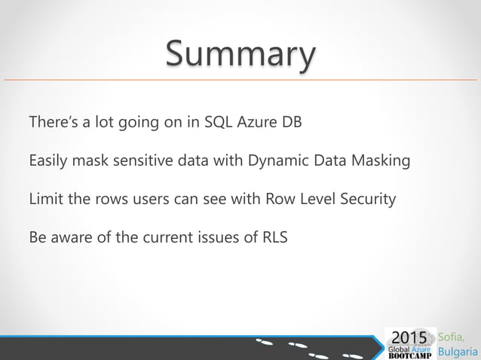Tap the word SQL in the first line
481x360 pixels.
[x=219, y=122]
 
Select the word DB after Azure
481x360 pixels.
[x=291, y=122]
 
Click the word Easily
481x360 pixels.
[x=47, y=161]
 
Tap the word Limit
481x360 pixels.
[x=44, y=200]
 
